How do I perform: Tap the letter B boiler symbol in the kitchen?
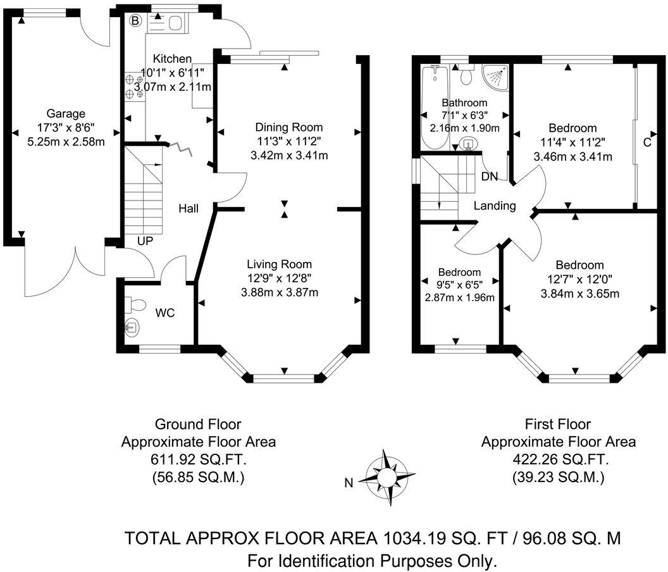(135, 21)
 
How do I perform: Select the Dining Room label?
(288, 127)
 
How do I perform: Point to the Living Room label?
(279, 264)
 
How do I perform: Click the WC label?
(165, 313)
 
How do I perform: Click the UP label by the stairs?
(146, 240)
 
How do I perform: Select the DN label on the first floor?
(490, 177)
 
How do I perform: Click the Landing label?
(495, 206)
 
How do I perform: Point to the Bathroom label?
(464, 103)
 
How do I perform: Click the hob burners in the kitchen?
(134, 87)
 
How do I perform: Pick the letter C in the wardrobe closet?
(647, 142)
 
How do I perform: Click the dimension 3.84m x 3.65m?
(580, 293)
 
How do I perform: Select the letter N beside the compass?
(348, 483)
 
